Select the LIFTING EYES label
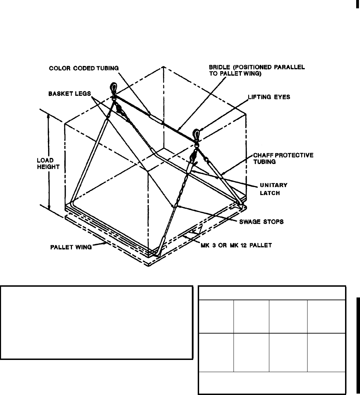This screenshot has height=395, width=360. pyautogui.click(x=269, y=98)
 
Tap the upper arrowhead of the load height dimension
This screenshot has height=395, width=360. pyautogui.click(x=49, y=117)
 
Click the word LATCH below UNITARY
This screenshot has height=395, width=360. pyautogui.click(x=268, y=194)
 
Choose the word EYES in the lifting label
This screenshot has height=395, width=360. pyautogui.click(x=282, y=98)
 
